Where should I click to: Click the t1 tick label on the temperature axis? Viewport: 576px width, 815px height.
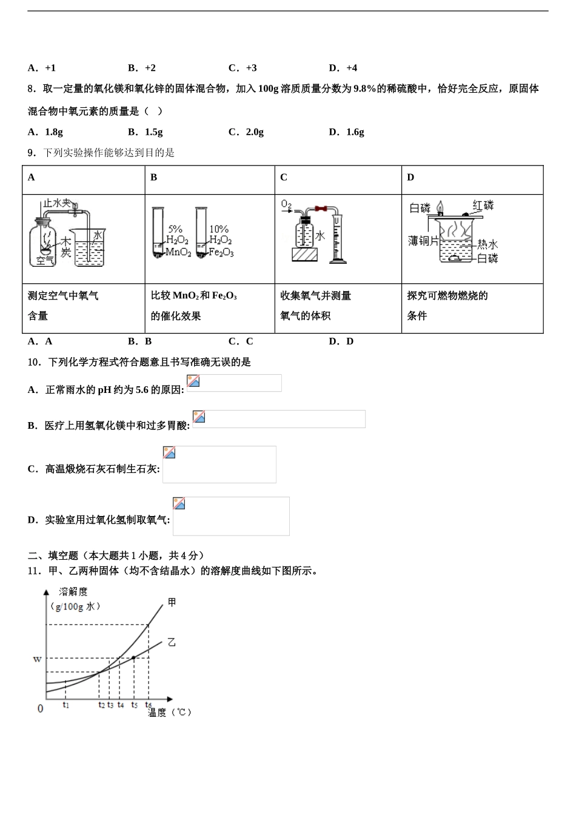[x=65, y=705]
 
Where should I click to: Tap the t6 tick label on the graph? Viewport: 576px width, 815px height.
[x=148, y=705]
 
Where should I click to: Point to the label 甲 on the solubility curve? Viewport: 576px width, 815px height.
[x=172, y=602]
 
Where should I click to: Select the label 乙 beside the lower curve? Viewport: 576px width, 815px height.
[x=172, y=642]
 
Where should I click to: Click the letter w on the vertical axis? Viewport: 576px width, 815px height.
[x=37, y=659]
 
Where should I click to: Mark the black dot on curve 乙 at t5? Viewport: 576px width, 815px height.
[x=133, y=657]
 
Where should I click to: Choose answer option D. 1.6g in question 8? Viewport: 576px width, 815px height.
[x=346, y=132]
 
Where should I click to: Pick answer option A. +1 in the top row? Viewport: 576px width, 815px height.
[x=42, y=68]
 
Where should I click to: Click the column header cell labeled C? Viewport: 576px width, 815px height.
[x=284, y=178]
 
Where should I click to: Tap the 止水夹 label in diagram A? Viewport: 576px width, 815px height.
[x=57, y=203]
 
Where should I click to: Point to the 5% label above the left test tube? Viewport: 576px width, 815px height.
[x=175, y=229]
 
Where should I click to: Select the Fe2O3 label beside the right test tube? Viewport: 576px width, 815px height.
[x=221, y=252]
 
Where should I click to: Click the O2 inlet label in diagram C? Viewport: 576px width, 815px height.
[x=286, y=205]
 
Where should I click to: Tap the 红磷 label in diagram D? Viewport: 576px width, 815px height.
[x=483, y=205]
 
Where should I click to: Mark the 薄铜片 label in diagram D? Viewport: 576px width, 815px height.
[x=423, y=241]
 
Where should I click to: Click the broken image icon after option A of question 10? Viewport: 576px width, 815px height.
[x=193, y=381]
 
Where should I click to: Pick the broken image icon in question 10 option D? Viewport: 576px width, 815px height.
[x=179, y=503]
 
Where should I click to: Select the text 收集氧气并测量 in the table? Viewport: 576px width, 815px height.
[x=315, y=296]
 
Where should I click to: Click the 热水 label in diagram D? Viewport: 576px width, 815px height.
[x=487, y=244]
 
